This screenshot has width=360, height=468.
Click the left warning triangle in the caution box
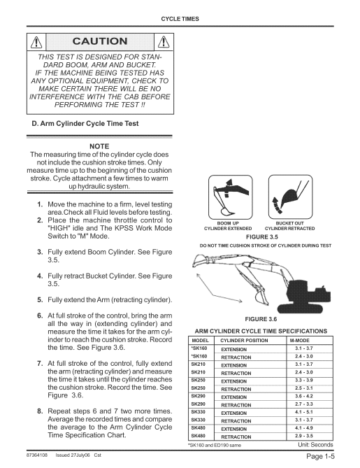coord(36,42)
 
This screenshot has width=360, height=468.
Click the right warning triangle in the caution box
coord(164,42)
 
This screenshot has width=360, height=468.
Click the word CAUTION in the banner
coord(100,41)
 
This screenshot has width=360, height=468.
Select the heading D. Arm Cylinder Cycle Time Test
coord(85,124)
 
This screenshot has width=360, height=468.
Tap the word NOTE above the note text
coord(99,146)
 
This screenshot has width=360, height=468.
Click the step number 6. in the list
coord(40,315)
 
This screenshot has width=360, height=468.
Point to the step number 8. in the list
coord(40,411)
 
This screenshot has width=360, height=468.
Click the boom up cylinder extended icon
coord(230,197)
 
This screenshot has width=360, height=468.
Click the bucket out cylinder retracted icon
coord(291,197)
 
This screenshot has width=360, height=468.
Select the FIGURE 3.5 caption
coord(262,237)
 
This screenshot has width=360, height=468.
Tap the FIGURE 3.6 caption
coord(261,319)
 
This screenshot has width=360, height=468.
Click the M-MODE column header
coord(299,340)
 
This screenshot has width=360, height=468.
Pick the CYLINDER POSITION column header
coord(244,340)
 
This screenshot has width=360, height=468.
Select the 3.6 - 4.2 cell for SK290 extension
coord(304,396)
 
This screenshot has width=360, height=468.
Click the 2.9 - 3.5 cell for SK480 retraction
coord(304,436)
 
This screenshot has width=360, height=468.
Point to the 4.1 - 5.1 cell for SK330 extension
coord(304,412)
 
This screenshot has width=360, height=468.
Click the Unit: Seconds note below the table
coord(315,445)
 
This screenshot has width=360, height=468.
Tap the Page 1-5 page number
coord(321,456)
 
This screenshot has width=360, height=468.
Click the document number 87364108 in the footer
coord(36,455)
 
